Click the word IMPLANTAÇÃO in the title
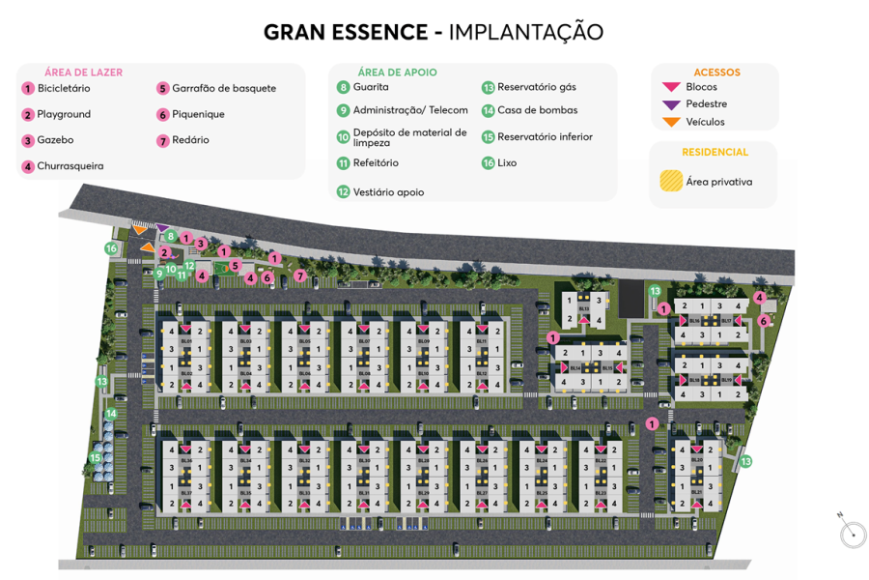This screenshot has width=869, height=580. coord(526,32)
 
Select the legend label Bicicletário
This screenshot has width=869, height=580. coord(64,88)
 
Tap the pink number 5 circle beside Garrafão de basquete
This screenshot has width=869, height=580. coord(163,88)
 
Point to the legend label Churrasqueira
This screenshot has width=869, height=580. coord(70,166)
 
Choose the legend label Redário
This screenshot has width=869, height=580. coord(190,140)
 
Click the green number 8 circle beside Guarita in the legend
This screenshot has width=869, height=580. coord(343,87)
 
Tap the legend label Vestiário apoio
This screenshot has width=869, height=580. coord(388,192)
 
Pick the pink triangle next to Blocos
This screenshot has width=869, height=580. coord(671,87)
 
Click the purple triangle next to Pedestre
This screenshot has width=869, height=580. coord(671,104)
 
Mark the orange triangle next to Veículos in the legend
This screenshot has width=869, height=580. coord(671,122)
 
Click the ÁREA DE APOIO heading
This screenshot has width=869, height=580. coord(397,72)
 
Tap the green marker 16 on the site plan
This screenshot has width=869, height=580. coord(111,248)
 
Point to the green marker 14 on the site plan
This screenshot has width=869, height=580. coord(111,414)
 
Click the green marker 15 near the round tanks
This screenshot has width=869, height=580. coord(96,458)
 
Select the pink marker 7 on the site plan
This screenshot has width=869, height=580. coord(300,275)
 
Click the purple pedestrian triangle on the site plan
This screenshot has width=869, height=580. coord(162,228)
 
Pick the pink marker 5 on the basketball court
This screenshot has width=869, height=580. coord(236,265)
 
